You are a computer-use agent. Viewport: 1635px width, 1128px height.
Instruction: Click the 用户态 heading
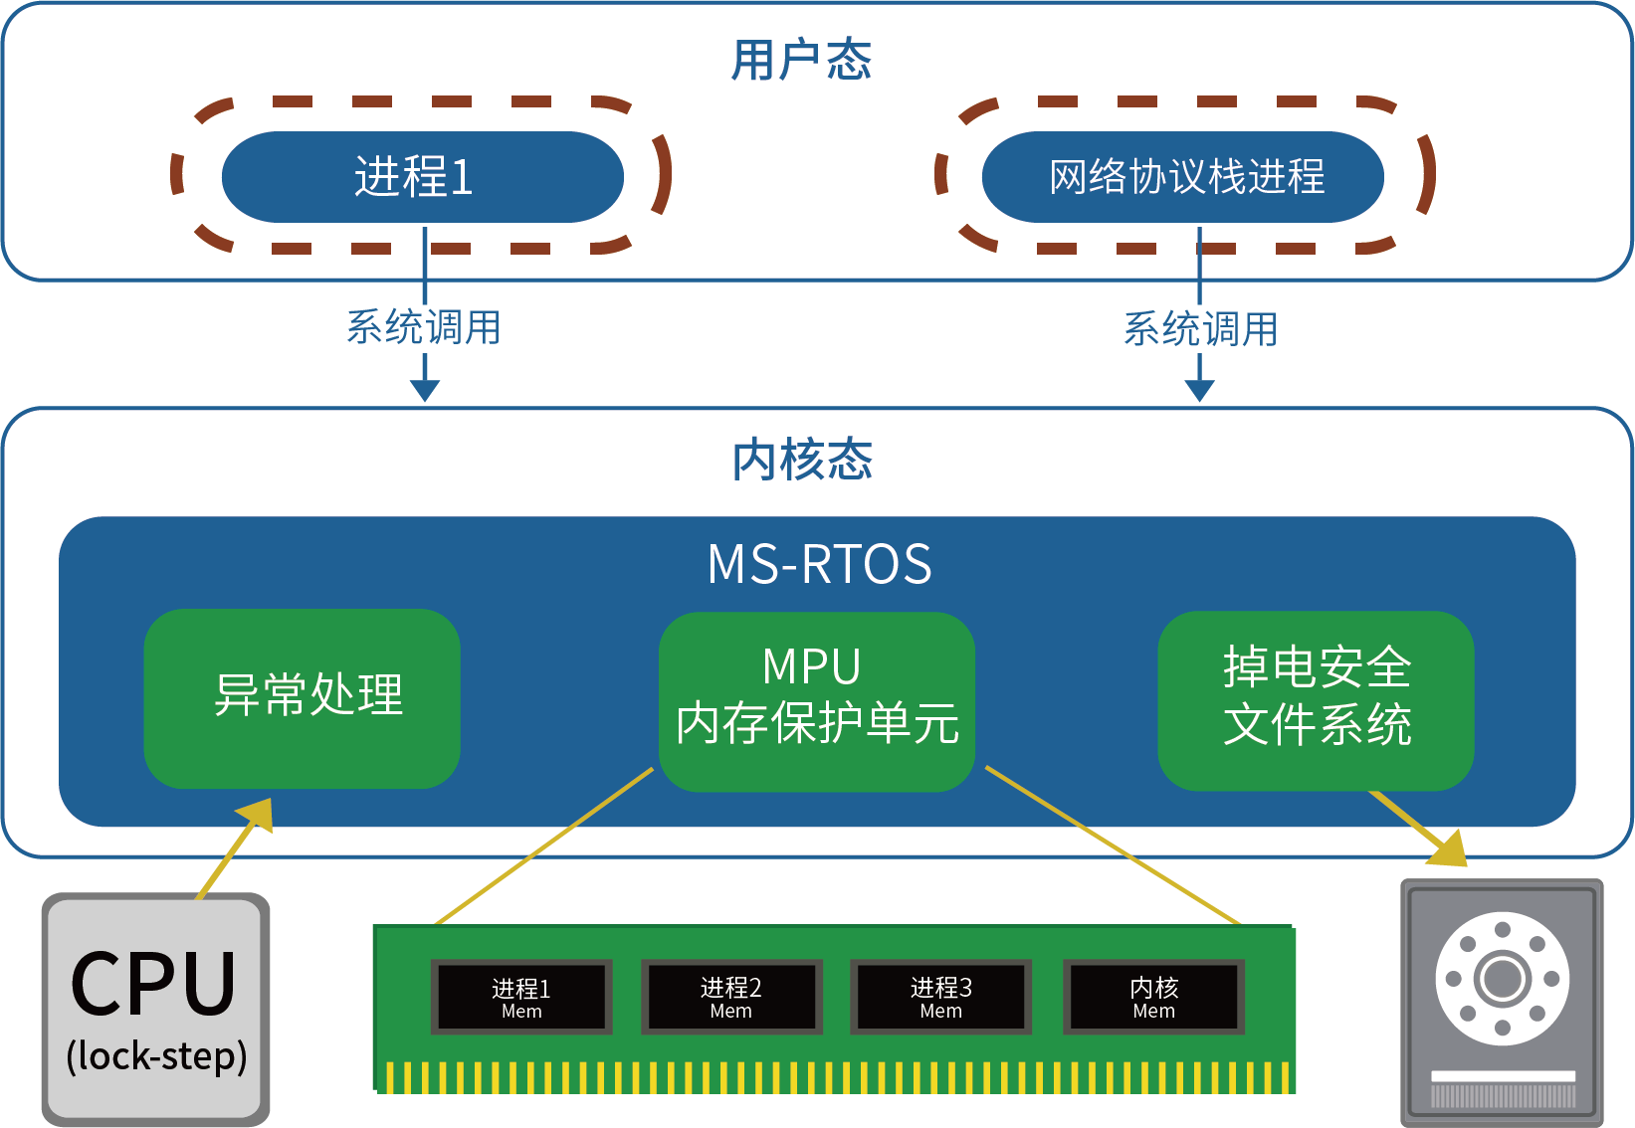(801, 60)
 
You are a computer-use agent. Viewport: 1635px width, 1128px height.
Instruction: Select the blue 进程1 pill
(422, 176)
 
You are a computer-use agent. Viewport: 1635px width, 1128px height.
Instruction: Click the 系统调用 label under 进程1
(423, 327)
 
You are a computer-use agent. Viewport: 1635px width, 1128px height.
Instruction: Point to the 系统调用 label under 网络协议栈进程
(1200, 328)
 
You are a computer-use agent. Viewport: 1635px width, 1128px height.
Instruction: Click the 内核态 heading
(802, 460)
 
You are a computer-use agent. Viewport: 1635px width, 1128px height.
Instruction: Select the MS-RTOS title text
(819, 564)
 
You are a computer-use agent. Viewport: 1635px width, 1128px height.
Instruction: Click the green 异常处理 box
(303, 696)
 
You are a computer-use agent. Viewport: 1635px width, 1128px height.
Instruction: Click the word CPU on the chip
(154, 983)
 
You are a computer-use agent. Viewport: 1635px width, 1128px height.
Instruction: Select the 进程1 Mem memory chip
(521, 996)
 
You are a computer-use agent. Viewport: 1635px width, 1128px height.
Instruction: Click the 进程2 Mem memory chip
(731, 996)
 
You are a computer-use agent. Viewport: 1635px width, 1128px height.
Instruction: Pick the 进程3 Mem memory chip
(941, 996)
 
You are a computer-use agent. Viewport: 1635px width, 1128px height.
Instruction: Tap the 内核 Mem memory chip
(1154, 996)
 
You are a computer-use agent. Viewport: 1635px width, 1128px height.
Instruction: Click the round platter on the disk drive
(1503, 979)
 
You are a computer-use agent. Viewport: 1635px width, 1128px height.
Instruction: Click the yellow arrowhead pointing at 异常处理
(256, 814)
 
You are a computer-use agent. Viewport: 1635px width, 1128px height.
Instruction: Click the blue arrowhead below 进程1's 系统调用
(425, 390)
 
